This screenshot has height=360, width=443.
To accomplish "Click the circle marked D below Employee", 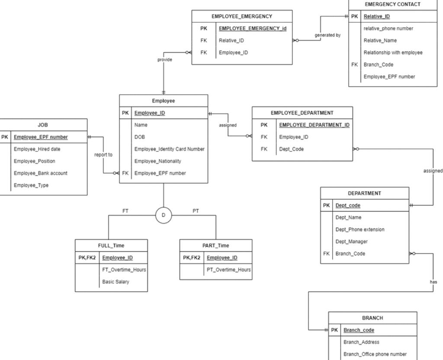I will (x=164, y=215).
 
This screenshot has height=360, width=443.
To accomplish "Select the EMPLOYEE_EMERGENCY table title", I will (x=242, y=16).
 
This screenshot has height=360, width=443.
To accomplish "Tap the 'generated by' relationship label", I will (x=327, y=35).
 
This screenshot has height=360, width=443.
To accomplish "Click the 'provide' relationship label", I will (x=164, y=60).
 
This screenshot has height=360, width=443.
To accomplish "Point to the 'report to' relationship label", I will (x=103, y=154).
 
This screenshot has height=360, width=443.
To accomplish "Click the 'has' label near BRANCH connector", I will (x=433, y=282).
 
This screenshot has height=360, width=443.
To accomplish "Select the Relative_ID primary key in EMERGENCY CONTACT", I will (x=376, y=16).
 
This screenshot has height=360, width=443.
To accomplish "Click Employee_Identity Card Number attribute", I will (x=169, y=149).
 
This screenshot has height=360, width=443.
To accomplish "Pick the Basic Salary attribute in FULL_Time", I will (x=116, y=282).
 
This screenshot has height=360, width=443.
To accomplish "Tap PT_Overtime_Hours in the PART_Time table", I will (x=228, y=270).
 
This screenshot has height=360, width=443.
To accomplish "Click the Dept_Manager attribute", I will (x=352, y=241).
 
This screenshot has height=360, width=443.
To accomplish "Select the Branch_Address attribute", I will (x=361, y=342).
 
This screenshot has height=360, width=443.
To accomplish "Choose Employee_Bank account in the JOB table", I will (x=41, y=173).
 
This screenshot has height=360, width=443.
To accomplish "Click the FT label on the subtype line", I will (x=125, y=211).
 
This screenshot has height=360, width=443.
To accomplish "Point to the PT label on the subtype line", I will (x=196, y=211).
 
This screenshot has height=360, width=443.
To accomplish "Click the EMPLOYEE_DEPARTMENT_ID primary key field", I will (x=314, y=125).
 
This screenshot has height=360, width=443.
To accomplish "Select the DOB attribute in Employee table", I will (x=140, y=137).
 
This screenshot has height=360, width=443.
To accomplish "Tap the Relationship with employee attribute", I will (x=393, y=52).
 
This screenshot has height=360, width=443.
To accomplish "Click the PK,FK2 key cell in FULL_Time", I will (x=87, y=257).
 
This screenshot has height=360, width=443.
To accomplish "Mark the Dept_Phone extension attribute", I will (x=360, y=229).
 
